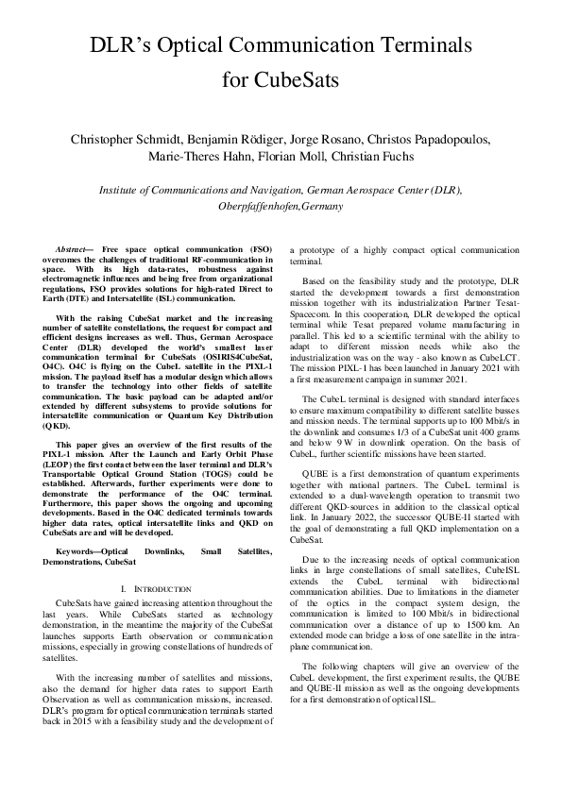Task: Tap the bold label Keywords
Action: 78,550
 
